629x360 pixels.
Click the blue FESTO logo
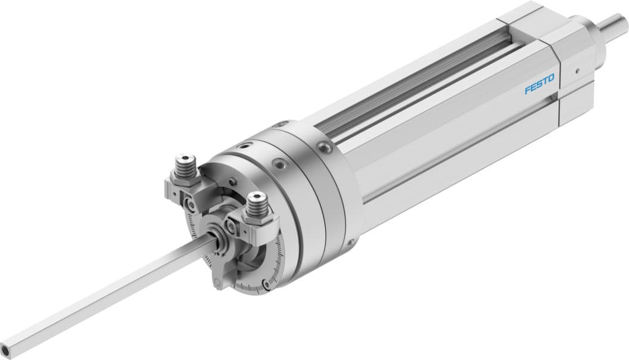point(540,83)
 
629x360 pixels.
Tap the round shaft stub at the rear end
point(616,25)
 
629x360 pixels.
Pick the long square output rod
point(107,293)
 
